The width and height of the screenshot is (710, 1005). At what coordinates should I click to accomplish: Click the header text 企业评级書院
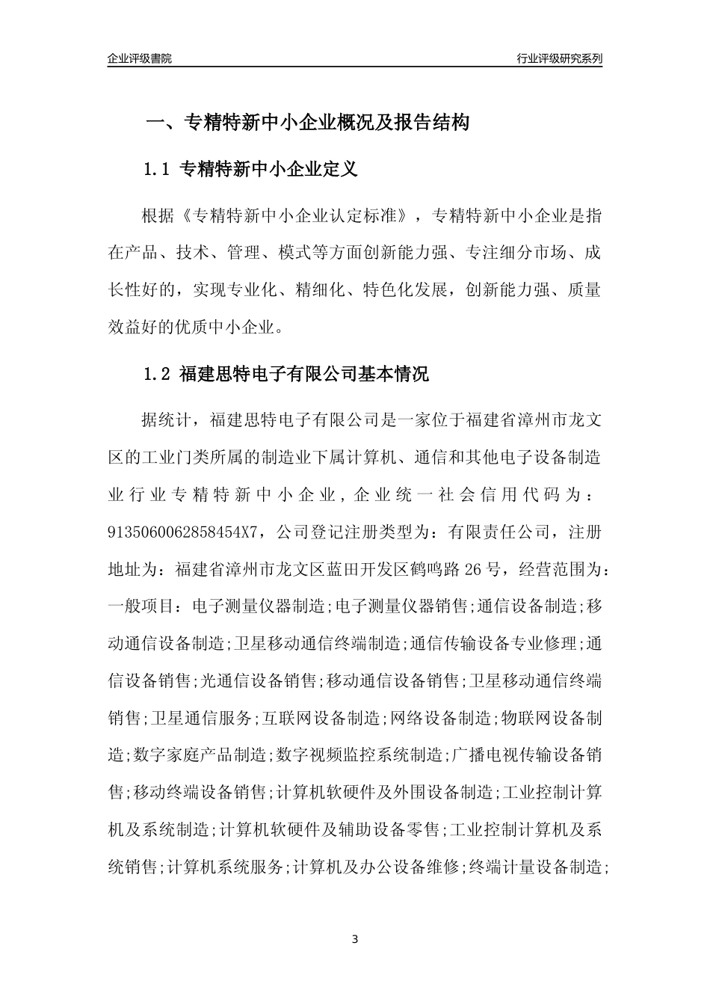[139, 58]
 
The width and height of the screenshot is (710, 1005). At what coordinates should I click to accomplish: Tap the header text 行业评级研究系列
[559, 58]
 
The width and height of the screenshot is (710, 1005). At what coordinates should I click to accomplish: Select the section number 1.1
[158, 170]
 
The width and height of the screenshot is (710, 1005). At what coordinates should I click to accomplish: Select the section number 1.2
[158, 375]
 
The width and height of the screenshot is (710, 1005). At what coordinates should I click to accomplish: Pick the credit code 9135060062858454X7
[183, 532]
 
